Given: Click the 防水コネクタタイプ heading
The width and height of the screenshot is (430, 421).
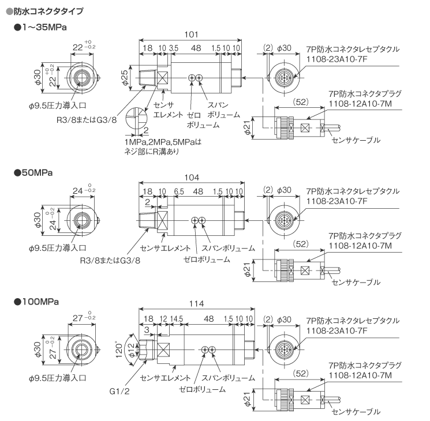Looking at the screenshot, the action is pos(48,11).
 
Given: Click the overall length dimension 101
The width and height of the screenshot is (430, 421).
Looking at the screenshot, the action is pos(191,35).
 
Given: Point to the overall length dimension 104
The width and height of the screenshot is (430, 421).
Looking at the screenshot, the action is pos(192,178).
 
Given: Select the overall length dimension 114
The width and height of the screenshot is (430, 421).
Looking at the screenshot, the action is pos(196,304).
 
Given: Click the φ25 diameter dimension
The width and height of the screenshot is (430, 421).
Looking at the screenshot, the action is pos(125,78).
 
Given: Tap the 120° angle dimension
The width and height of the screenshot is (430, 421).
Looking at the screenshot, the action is pos(119,349).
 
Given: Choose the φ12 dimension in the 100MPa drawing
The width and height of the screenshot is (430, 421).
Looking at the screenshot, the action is pos(132,350).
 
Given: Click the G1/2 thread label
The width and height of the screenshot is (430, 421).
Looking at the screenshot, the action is pos(119,391).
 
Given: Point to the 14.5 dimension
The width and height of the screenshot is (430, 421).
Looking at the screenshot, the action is pos(177,319).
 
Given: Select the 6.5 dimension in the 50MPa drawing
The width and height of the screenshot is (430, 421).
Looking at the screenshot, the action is pos(179,191).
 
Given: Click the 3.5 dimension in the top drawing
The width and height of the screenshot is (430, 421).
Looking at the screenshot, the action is pos(173,48).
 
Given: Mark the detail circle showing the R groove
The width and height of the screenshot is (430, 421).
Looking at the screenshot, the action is pos(136,118).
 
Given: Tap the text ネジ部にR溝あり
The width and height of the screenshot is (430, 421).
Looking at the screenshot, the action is pos(152,152).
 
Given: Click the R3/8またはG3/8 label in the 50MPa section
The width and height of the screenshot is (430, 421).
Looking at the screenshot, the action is pos(110,260).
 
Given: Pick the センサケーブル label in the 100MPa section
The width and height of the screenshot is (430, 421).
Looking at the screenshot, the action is pos(356,412).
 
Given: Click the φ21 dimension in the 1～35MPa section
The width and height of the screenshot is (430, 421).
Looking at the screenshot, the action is pos(248,128).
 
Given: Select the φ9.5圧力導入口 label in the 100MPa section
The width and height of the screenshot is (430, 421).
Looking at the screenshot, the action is pos(58,378).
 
